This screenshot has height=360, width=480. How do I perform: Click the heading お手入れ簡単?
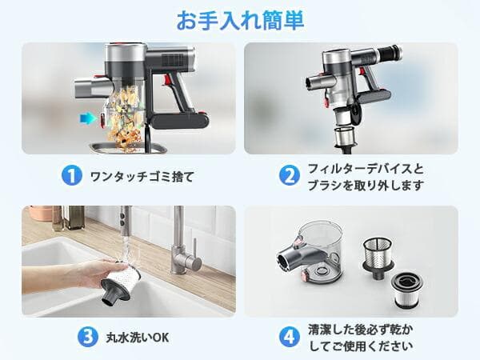(239, 19)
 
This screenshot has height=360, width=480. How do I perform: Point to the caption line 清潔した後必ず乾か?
(362, 330)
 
